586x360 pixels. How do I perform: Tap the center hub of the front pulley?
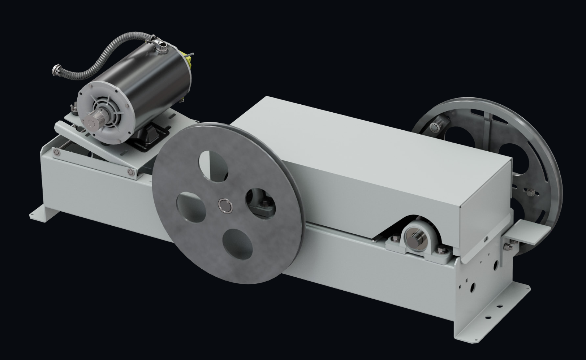pos(225,205)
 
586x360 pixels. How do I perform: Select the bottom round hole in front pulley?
pos(238,245)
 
